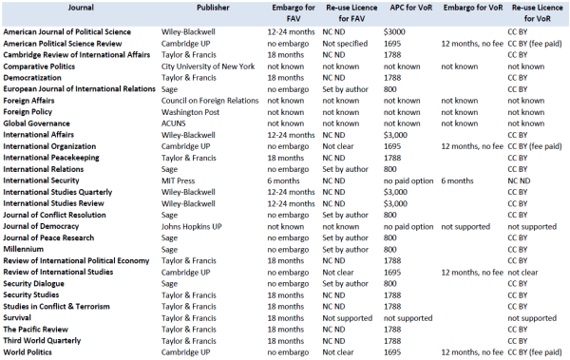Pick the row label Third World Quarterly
click(x=42, y=341)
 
